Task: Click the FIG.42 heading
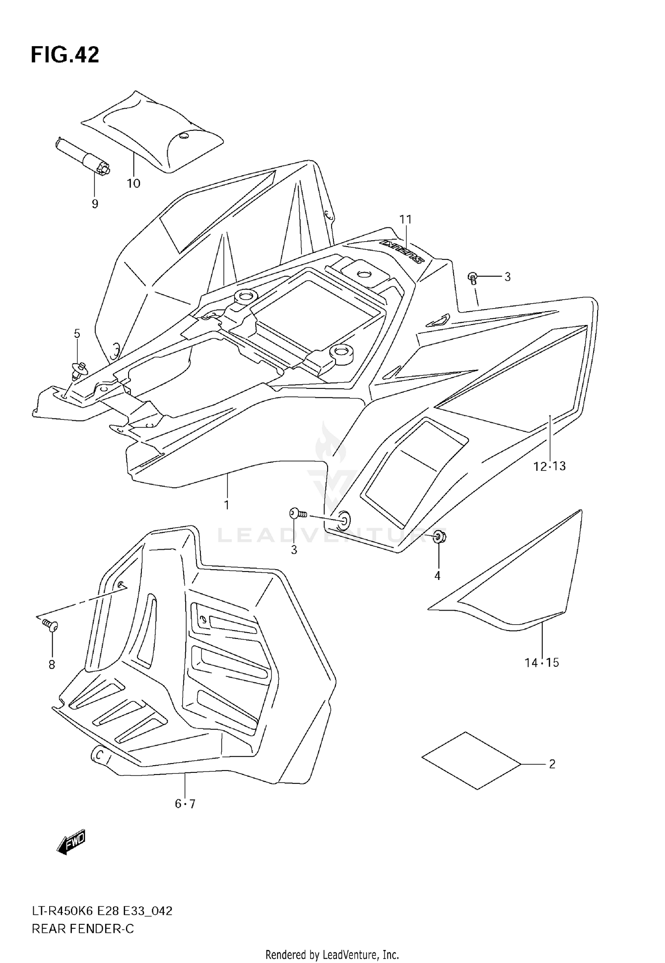pyautogui.click(x=65, y=55)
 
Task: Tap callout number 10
pyautogui.click(x=133, y=184)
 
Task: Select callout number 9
pyautogui.click(x=95, y=204)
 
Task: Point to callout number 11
pyautogui.click(x=405, y=219)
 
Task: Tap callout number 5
pyautogui.click(x=77, y=334)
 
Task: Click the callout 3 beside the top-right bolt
pyautogui.click(x=508, y=277)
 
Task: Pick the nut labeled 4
pyautogui.click(x=439, y=536)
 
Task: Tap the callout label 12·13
pyautogui.click(x=549, y=466)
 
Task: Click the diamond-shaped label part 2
pyautogui.click(x=471, y=760)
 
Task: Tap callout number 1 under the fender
pyautogui.click(x=227, y=505)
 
